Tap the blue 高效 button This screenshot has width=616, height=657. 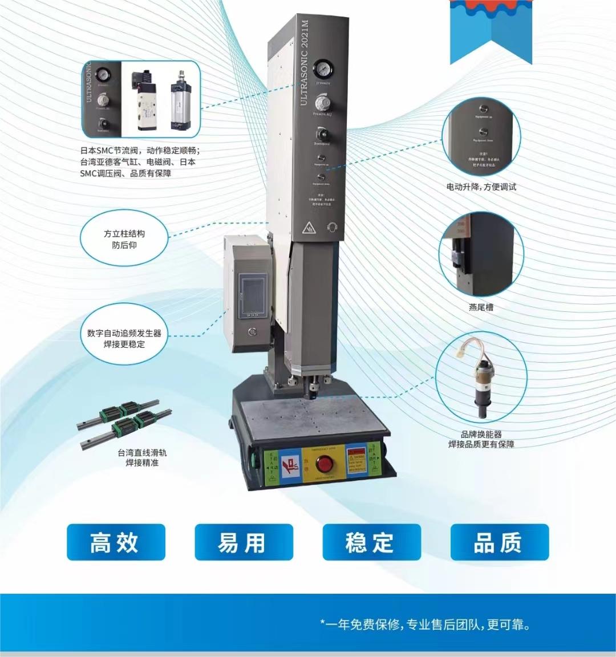pyautogui.click(x=116, y=542)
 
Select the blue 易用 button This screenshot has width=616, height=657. pyautogui.click(x=244, y=542)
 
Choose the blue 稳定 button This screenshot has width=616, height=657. pyautogui.click(x=371, y=542)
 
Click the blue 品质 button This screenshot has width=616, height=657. pyautogui.click(x=499, y=542)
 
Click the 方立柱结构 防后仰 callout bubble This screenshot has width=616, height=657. pyautogui.click(x=124, y=239)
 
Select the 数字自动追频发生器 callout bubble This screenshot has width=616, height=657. pyautogui.click(x=124, y=338)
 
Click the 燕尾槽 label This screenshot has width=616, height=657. pyautogui.click(x=481, y=307)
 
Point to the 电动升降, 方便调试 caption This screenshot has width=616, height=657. pyautogui.click(x=481, y=186)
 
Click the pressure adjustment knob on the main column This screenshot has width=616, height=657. pyautogui.click(x=322, y=102)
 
